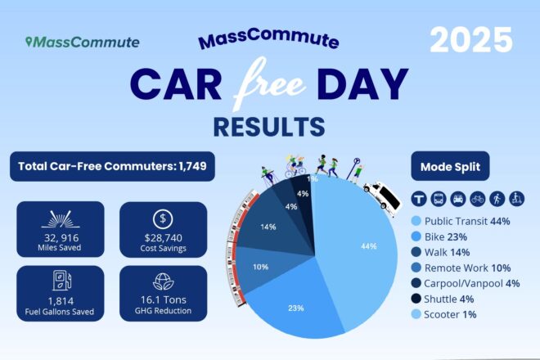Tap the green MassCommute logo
point(82,42)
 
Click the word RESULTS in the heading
point(269,126)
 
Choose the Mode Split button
point(453,168)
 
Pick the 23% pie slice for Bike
point(296,308)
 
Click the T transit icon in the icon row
point(417,199)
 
